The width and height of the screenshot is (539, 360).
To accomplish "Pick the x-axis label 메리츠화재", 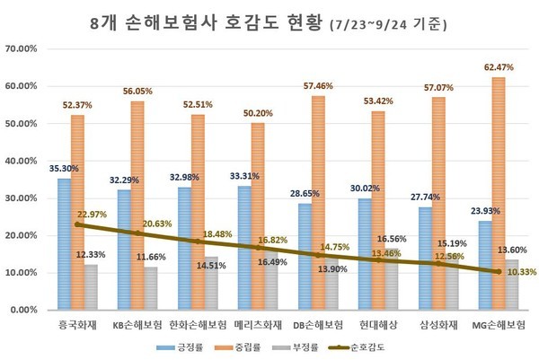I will [x=258, y=321].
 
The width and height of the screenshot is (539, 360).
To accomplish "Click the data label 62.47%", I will [x=499, y=67].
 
